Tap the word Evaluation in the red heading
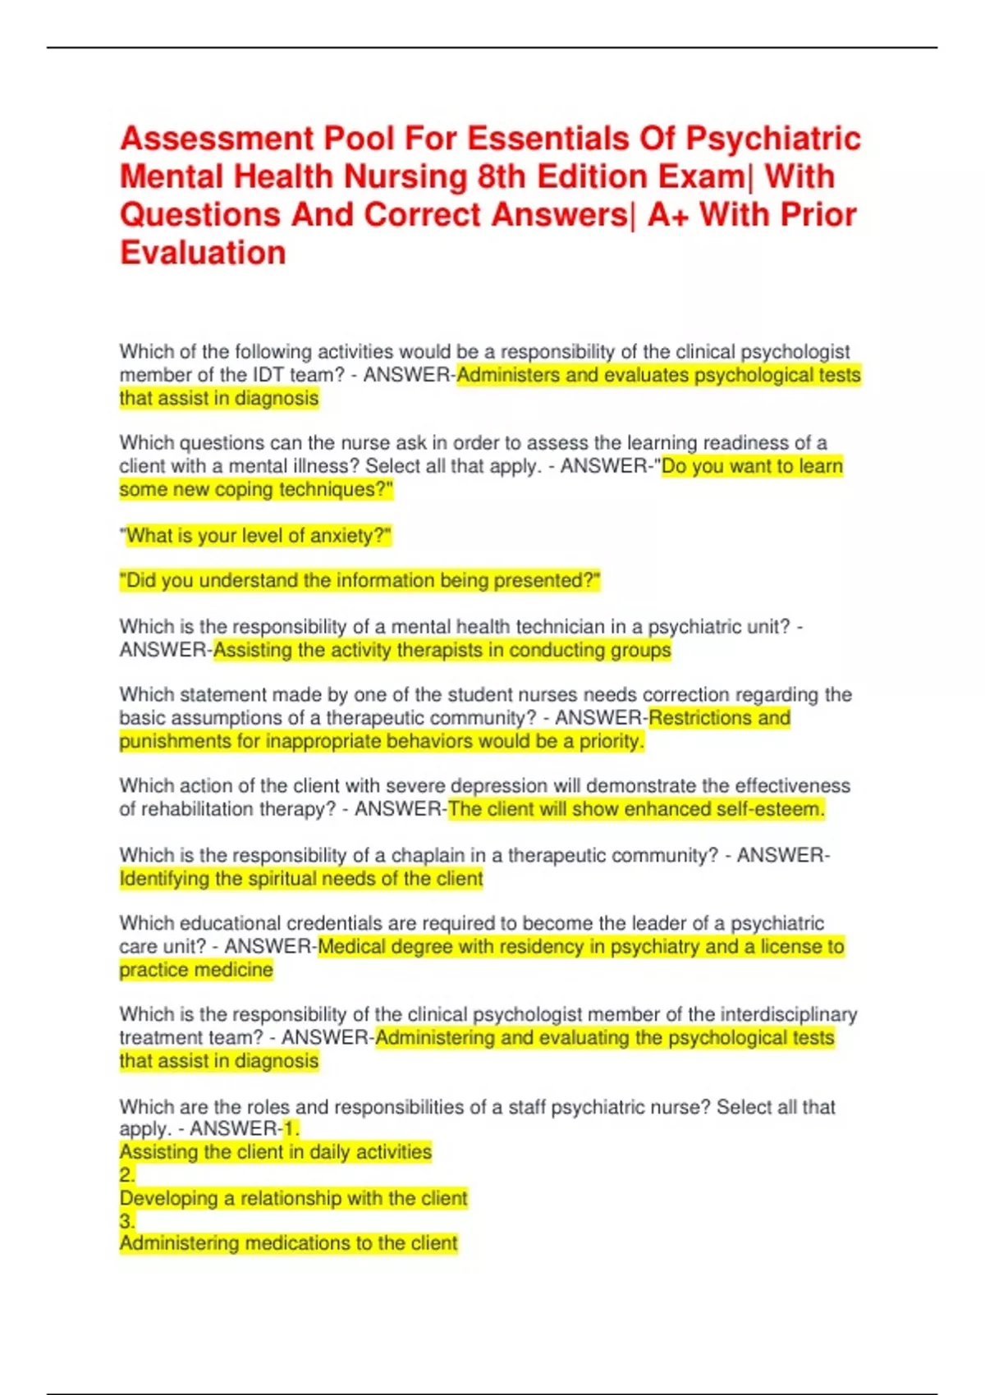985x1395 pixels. click(x=203, y=253)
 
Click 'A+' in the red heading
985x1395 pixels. click(x=668, y=215)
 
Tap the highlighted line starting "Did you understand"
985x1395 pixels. click(x=360, y=581)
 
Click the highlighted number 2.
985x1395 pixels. click(x=126, y=1175)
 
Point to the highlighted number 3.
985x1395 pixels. click(x=126, y=1221)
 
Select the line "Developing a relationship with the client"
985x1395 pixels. click(x=293, y=1198)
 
